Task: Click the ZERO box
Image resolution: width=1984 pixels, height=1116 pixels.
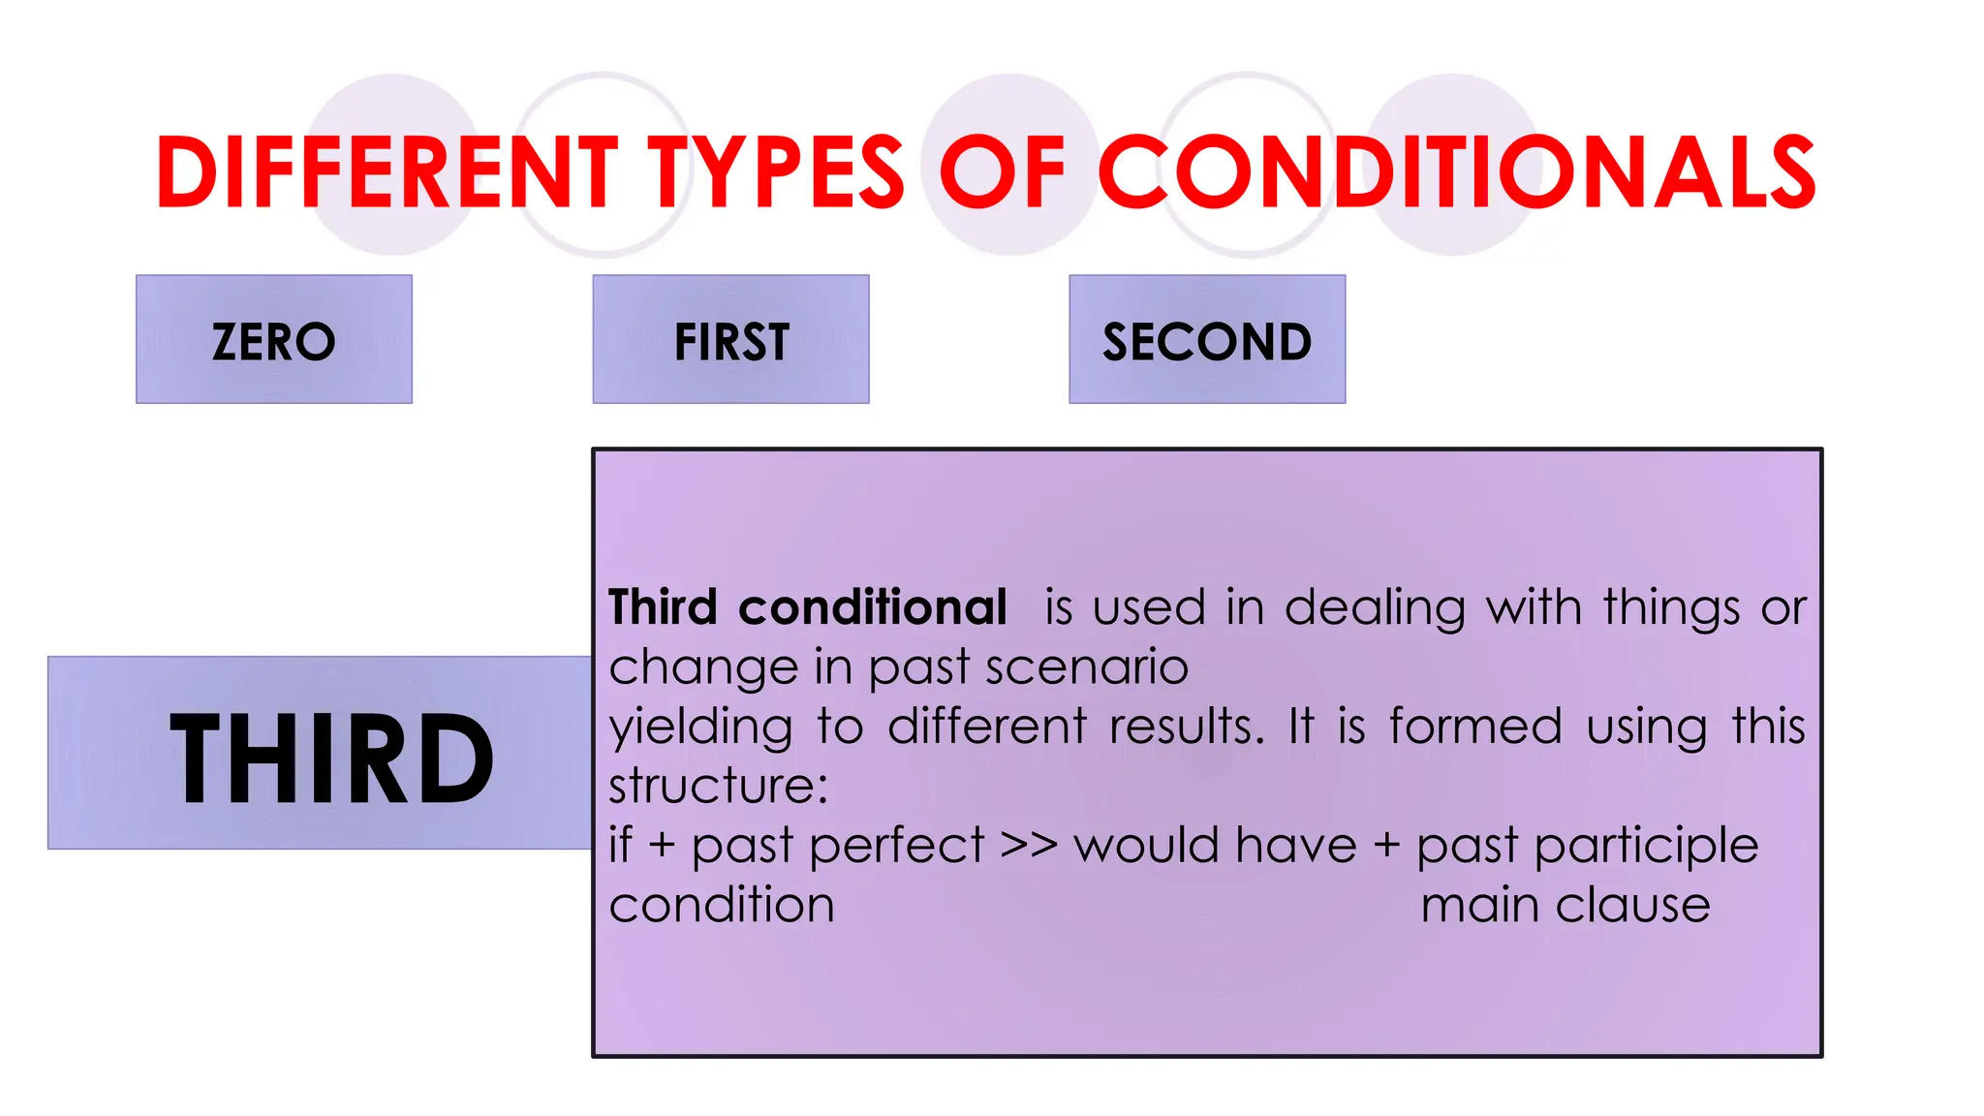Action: click(x=274, y=340)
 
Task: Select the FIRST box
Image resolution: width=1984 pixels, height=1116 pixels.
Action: click(x=731, y=340)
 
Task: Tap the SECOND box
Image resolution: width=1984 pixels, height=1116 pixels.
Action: click(x=1207, y=340)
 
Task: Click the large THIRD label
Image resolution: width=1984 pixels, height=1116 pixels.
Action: click(x=331, y=758)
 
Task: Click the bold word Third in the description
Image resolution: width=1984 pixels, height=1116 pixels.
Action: click(x=664, y=608)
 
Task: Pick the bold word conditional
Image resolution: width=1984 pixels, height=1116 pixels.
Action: click(x=873, y=608)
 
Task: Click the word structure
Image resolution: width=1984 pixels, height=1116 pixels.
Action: click(x=718, y=786)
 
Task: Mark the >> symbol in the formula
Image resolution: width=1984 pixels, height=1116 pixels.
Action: click(x=1029, y=846)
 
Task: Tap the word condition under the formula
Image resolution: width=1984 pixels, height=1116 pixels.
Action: click(x=722, y=906)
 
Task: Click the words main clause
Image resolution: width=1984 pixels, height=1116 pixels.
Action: click(x=1565, y=906)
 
